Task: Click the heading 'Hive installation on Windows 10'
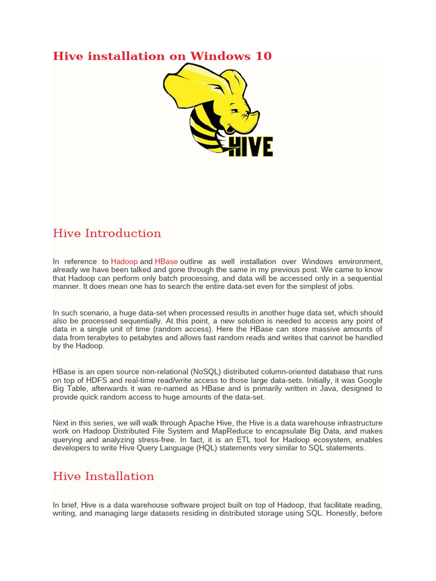(162, 56)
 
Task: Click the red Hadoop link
(124, 261)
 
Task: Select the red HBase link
(166, 261)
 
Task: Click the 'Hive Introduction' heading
(107, 233)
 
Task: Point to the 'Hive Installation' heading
(103, 476)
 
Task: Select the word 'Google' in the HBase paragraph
(369, 380)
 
